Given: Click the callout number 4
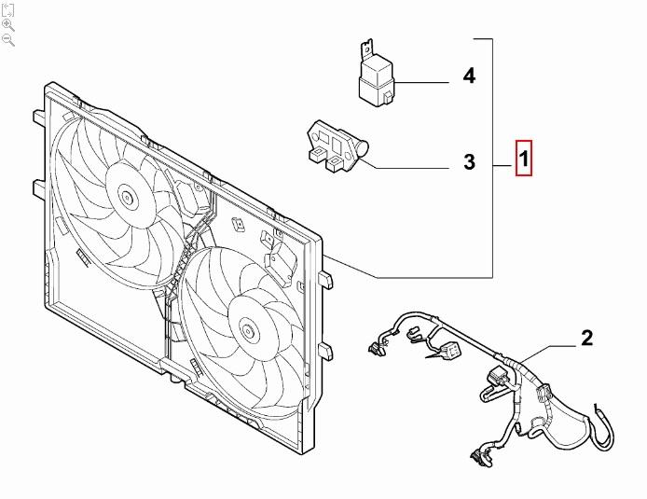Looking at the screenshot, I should coord(469,76).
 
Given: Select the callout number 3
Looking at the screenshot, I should coord(469,163).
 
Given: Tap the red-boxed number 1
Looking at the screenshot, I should coord(524,160).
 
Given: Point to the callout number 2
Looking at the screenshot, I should coord(586,338).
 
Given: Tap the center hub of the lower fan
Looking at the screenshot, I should coord(246,327).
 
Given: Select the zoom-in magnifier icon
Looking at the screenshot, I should coord(8,24).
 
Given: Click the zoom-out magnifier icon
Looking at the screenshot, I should coord(8,39).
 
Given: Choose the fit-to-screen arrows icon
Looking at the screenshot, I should coord(8,9).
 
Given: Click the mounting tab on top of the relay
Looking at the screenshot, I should coord(367,47).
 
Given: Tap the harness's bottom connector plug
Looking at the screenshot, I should coord(480,455).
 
